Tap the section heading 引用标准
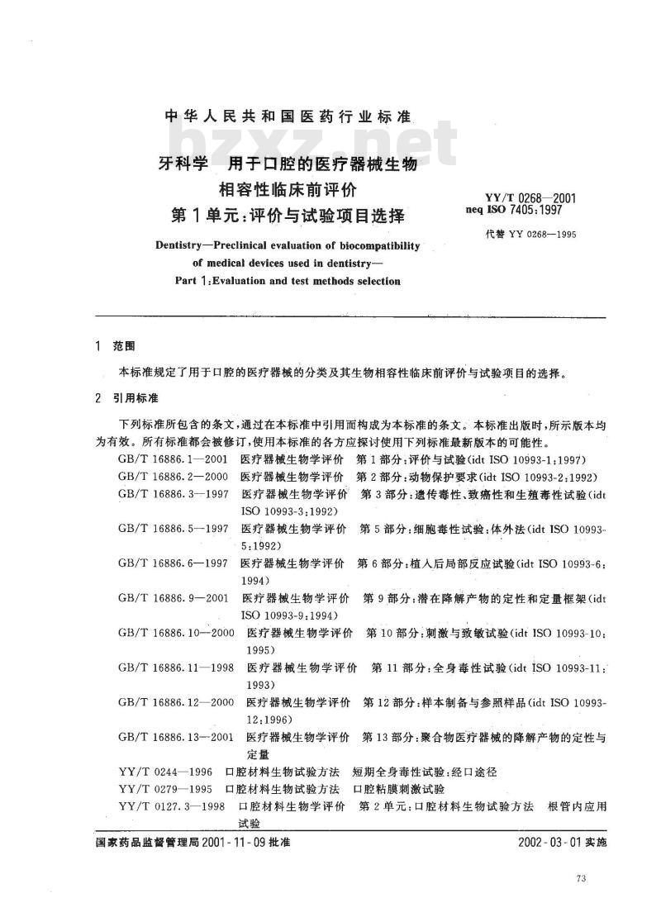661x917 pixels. (x=136, y=398)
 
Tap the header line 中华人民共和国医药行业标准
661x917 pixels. (x=289, y=116)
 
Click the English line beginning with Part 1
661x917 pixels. (x=288, y=281)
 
